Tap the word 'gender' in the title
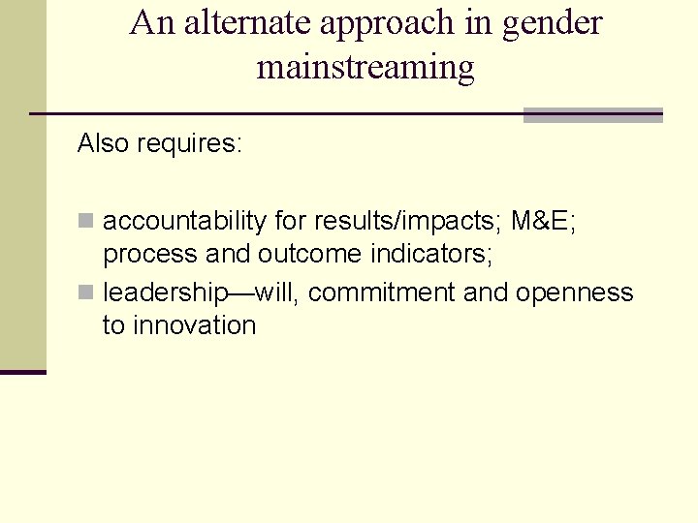click(x=553, y=22)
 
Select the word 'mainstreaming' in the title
click(x=365, y=67)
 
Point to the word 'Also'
click(x=104, y=144)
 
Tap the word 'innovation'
click(x=194, y=325)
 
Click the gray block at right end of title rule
click(x=592, y=115)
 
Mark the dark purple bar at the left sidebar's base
click(x=22, y=372)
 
